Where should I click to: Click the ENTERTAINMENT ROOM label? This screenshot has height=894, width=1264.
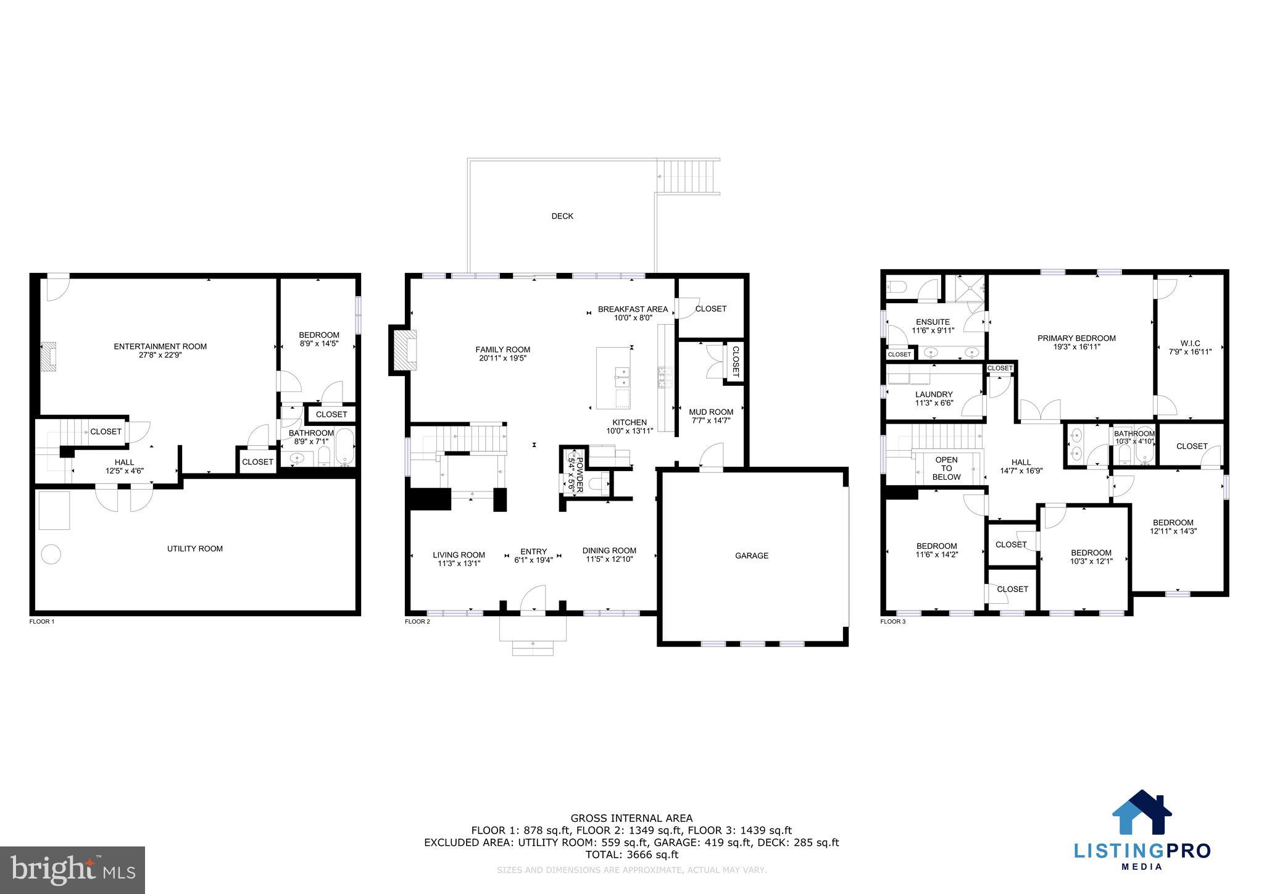coord(160,346)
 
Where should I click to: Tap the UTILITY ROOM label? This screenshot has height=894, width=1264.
coord(194,548)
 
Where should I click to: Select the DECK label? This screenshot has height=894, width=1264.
coord(562,216)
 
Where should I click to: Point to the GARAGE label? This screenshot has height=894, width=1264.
coord(751,556)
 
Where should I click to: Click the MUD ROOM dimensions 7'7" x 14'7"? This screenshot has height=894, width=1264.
coord(711,420)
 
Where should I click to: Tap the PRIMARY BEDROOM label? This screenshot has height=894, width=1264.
coord(1076,338)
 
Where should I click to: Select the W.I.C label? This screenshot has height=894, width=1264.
coord(1190,343)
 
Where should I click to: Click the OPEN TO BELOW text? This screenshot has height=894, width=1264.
coord(946,468)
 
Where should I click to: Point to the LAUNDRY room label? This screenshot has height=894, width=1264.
coord(933,395)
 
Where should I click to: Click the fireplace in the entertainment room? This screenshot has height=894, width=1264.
coord(49,356)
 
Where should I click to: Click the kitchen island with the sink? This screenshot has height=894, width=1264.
coord(614,378)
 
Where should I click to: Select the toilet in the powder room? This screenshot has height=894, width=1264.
coord(597,483)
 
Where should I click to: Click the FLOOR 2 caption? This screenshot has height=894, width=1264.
coord(417,621)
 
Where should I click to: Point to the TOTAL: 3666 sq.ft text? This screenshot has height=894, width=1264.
coord(631,854)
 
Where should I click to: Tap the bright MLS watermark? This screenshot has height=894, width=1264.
coord(72,870)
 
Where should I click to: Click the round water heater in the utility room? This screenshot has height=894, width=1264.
coord(51,554)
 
